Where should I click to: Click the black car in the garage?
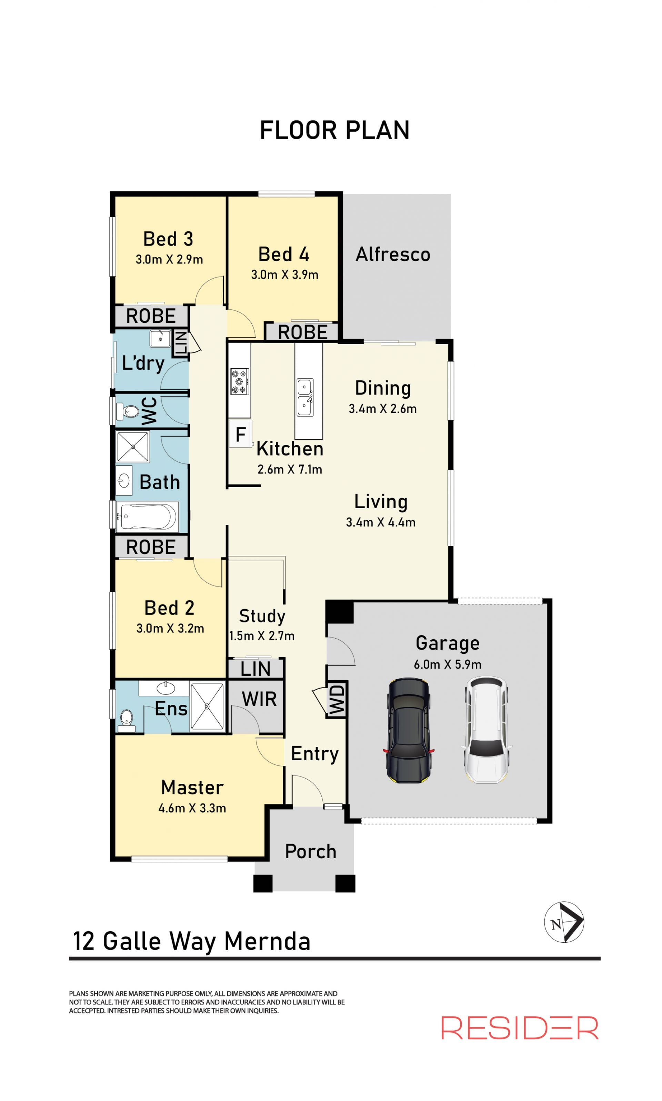408,730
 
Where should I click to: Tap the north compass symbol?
564,922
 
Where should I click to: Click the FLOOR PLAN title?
334,130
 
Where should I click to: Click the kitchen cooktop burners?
240,381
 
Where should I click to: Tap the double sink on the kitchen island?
305,397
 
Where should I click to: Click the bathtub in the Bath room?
147,517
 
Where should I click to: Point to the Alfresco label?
393,254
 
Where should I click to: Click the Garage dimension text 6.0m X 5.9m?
448,664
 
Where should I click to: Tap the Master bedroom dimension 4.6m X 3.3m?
192,808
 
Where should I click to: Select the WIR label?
259,699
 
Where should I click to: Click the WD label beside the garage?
337,699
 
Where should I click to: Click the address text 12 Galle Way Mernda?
191,941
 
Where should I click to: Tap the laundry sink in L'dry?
160,339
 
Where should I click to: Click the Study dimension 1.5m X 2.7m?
262,636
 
